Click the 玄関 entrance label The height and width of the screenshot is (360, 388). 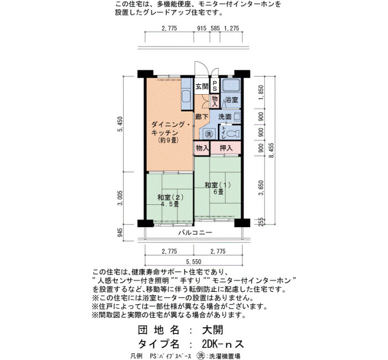[202, 86]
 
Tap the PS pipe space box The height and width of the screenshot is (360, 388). [215, 85]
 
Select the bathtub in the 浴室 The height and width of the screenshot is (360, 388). [231, 86]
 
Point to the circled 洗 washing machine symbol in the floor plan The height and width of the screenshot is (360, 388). [208, 134]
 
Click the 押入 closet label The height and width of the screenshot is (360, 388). [226, 148]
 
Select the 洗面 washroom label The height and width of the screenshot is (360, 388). [225, 116]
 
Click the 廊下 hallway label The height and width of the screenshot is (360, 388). [202, 117]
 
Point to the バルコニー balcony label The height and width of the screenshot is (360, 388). [195, 233]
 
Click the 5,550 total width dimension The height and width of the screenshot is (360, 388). [193, 261]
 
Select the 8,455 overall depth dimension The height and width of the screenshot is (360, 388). [272, 150]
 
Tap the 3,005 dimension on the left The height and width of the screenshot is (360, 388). [120, 198]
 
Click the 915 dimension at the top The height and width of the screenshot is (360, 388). [202, 28]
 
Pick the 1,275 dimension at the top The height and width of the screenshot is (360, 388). [231, 28]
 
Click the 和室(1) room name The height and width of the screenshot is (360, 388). [217, 184]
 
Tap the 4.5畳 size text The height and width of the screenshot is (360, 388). [169, 204]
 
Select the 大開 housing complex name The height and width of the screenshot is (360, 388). [212, 330]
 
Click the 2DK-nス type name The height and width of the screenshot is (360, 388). [223, 344]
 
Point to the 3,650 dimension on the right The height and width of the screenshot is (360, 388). [261, 188]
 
